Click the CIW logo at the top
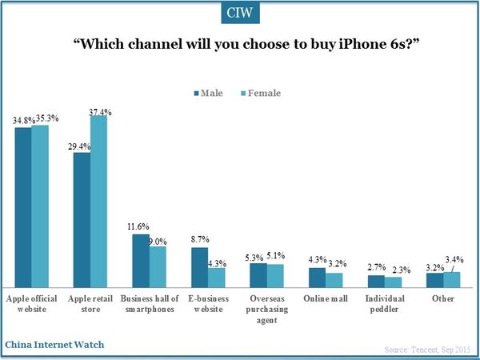(239, 14)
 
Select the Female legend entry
(260, 93)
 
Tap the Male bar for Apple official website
(23, 208)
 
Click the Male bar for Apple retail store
(82, 220)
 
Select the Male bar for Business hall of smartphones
(140, 261)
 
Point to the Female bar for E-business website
(216, 278)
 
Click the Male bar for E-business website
(199, 267)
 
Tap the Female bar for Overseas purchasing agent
(275, 276)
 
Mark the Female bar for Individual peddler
(393, 282)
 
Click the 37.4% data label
(101, 110)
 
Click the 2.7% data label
(374, 269)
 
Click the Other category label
(443, 299)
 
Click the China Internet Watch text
(54, 345)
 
